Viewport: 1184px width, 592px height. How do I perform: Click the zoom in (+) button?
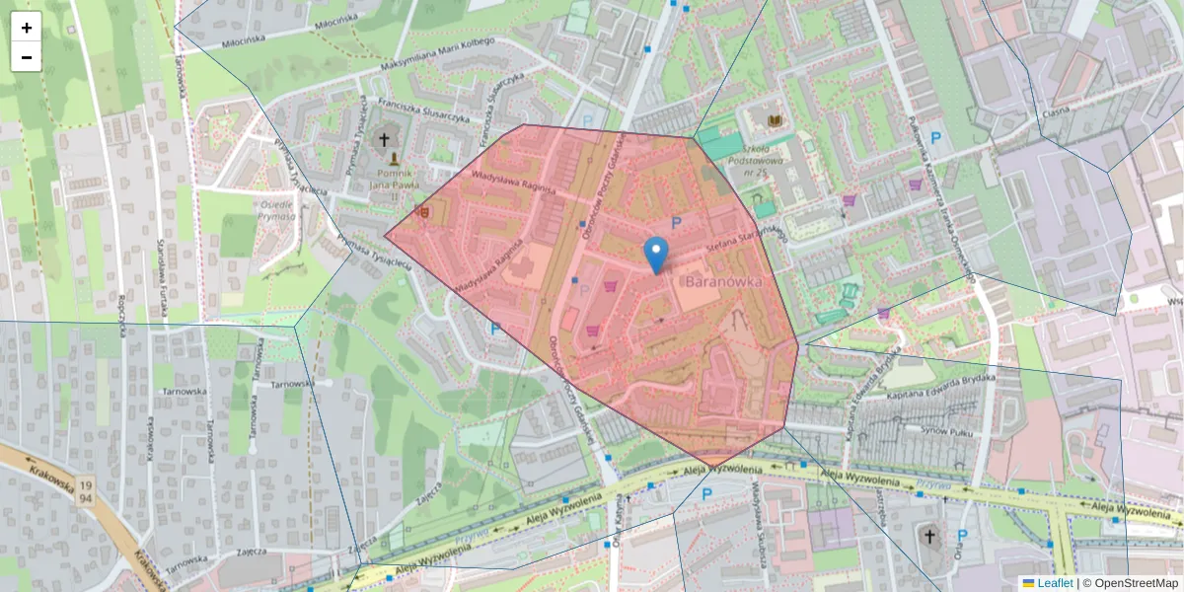pos(27,28)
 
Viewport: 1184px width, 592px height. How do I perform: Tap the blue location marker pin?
pos(655,255)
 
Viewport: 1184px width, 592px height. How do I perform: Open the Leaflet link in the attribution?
pos(1055,583)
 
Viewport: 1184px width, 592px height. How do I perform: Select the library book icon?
pos(775,120)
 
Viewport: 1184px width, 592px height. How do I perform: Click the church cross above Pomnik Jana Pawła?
pos(385,140)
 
